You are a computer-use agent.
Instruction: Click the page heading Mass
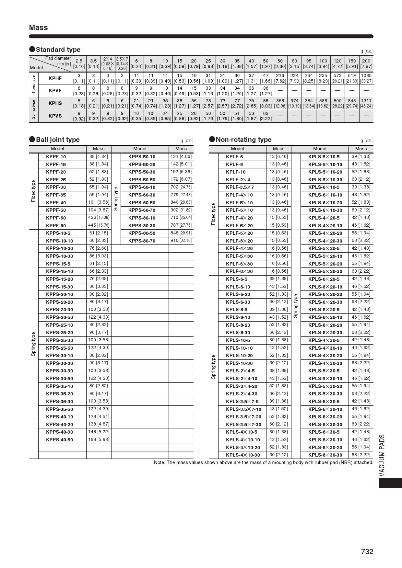(38, 28)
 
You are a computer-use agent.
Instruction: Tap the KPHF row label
(55, 78)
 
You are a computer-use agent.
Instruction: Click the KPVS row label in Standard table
(55, 116)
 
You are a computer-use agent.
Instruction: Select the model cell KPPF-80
(56, 226)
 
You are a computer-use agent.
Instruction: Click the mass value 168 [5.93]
(99, 439)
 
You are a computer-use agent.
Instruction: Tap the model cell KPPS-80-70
(142, 241)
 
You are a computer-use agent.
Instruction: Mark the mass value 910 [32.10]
(181, 241)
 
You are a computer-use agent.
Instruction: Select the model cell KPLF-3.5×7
(240, 187)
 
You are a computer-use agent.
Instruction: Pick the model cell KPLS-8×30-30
(325, 455)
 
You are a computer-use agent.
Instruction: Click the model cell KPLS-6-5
(237, 279)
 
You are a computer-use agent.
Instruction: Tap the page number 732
(367, 551)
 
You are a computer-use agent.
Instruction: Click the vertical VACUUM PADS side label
(382, 455)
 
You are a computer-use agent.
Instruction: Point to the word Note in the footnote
(159, 462)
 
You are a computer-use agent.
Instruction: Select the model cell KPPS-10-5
(58, 233)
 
